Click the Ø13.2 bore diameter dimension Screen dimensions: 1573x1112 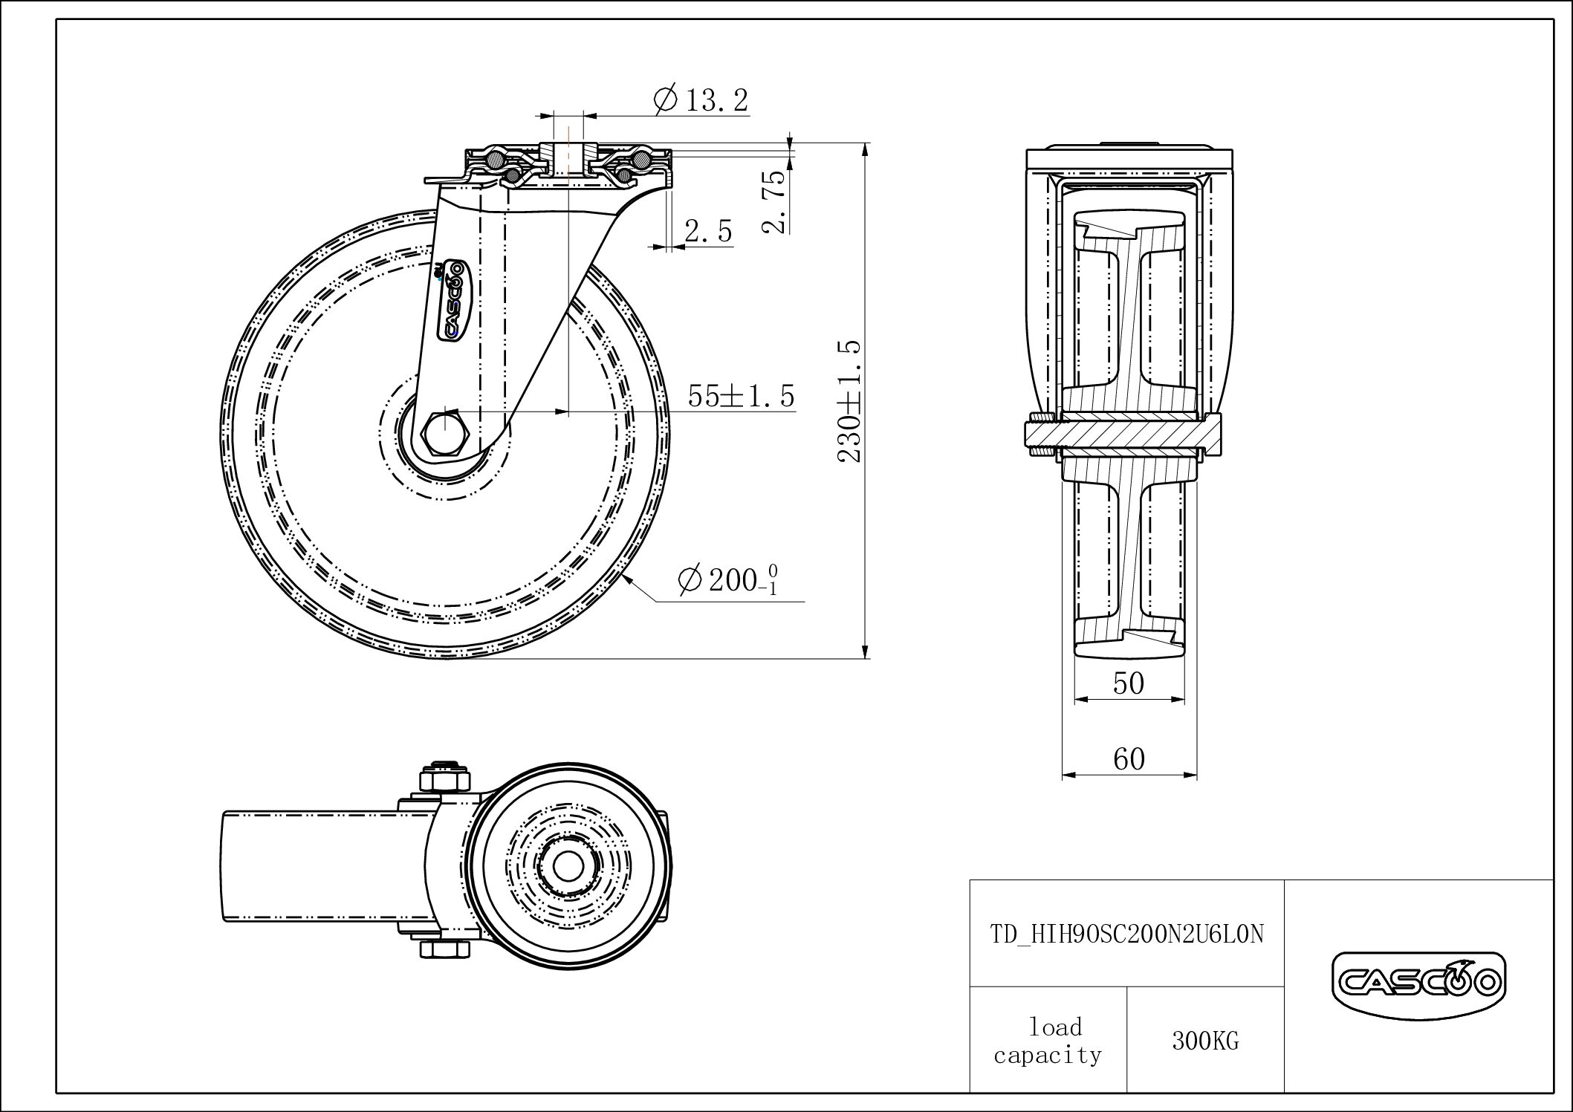701,100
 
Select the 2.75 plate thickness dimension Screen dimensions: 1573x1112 774,202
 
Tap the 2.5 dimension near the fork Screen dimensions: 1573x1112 708,231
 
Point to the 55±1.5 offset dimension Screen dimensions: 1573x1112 741,395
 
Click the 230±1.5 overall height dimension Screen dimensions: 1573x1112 849,401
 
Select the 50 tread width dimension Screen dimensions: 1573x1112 1128,683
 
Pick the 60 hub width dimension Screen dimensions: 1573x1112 1129,758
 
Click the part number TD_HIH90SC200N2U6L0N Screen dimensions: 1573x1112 1126,934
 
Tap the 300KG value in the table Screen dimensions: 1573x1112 1205,1041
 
